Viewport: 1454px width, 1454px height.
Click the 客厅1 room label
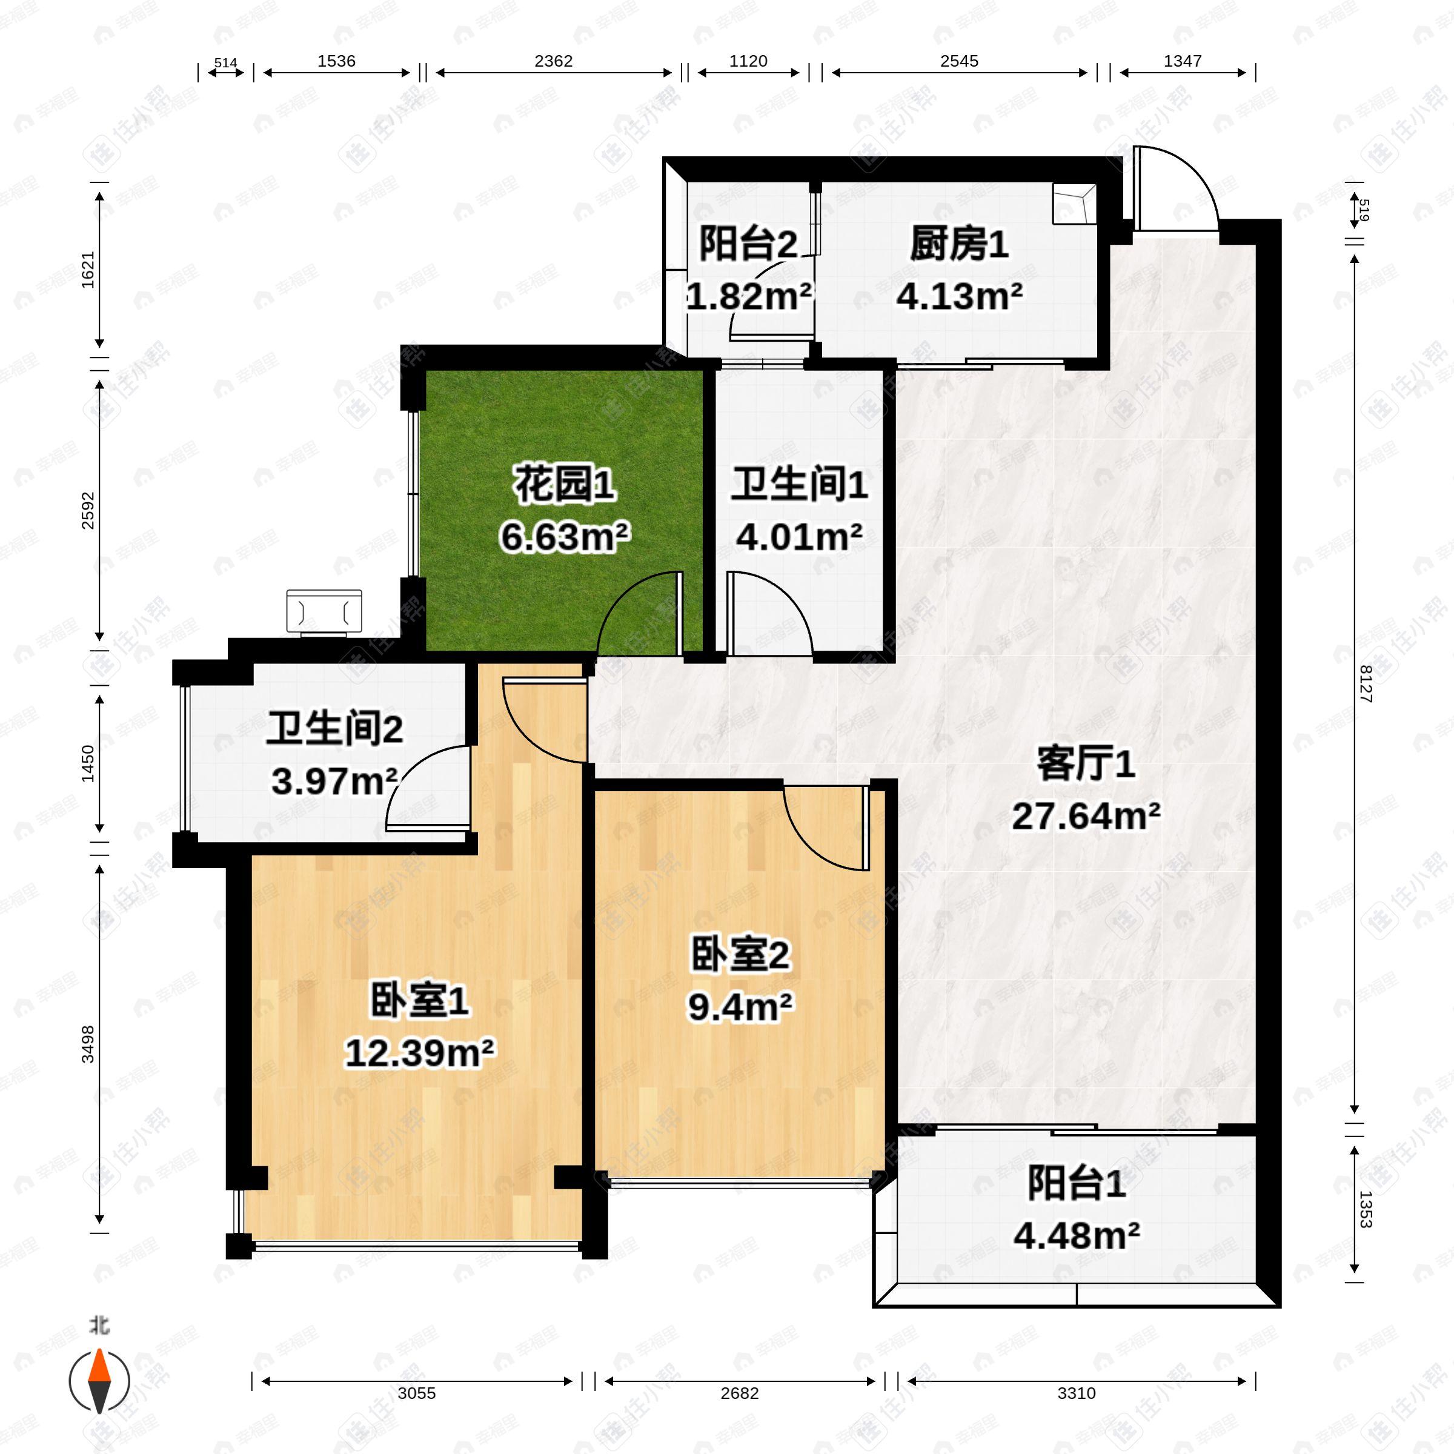[1085, 765]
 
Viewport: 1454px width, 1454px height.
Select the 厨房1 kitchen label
[959, 245]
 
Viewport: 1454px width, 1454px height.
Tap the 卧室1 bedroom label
[419, 1001]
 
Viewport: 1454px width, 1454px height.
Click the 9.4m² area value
[740, 1006]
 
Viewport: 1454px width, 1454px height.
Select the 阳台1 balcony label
[1076, 1183]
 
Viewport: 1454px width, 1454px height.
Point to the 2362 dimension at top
[553, 61]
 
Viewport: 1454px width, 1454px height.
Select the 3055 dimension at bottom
[416, 1393]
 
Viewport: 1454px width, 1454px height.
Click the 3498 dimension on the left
[88, 1044]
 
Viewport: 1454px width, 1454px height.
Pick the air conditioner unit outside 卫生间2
[324, 611]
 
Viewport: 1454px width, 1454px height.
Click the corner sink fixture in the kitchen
[1075, 204]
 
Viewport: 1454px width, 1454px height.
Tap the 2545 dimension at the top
[959, 61]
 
